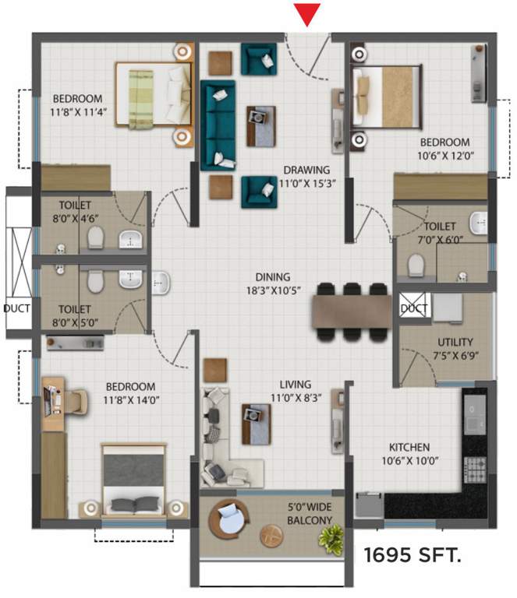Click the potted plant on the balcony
pos(333,536)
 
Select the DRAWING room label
pos(306,170)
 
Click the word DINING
pos(272,276)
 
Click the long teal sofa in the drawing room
pos(218,125)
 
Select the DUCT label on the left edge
pos(16,308)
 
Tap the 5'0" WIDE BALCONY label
pos(310,513)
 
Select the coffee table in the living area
pos(257,423)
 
